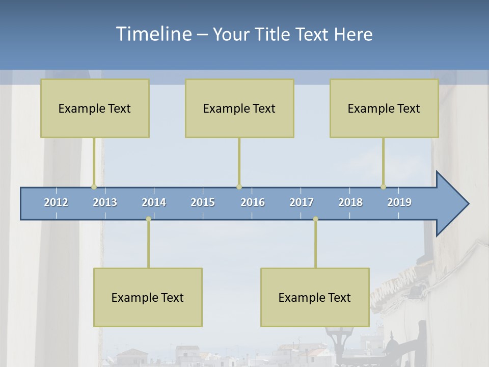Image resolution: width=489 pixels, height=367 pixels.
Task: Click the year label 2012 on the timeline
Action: pyautogui.click(x=56, y=202)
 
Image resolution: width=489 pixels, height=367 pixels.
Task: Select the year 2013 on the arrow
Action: pyautogui.click(x=105, y=202)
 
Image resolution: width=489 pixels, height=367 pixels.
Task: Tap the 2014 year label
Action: pyautogui.click(x=154, y=202)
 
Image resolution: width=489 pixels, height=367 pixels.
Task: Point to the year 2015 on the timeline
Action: pyautogui.click(x=203, y=202)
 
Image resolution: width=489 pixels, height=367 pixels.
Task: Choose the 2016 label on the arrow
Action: pyautogui.click(x=253, y=202)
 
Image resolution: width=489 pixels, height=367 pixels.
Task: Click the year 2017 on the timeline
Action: pyautogui.click(x=302, y=202)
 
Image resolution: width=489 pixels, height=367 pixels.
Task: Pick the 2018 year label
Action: pyautogui.click(x=350, y=202)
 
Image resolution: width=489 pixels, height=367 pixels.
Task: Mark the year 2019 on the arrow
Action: pyautogui.click(x=399, y=202)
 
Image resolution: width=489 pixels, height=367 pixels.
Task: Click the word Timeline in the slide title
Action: pyautogui.click(x=153, y=34)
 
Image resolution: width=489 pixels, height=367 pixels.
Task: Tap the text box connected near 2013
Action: pyautogui.click(x=95, y=108)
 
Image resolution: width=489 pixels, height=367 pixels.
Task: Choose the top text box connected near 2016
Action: pyautogui.click(x=239, y=108)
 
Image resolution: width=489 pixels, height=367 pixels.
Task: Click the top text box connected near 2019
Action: pyautogui.click(x=384, y=108)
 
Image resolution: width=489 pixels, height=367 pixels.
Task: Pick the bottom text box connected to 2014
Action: pyautogui.click(x=148, y=297)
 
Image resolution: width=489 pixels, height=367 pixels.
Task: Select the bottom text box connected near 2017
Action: pyautogui.click(x=315, y=297)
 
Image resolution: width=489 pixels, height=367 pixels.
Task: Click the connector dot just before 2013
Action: pyautogui.click(x=94, y=187)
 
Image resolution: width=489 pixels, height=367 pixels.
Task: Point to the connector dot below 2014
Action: pyautogui.click(x=148, y=219)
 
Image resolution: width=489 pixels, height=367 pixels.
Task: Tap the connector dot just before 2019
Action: pyautogui.click(x=383, y=187)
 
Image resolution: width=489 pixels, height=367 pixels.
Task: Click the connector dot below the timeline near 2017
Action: pyautogui.click(x=315, y=219)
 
